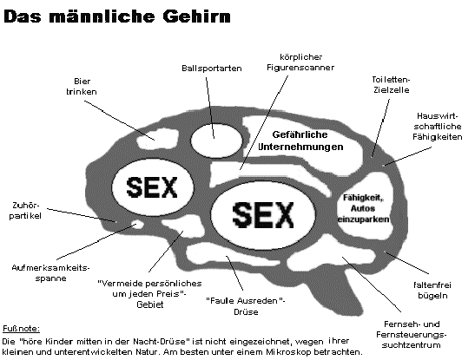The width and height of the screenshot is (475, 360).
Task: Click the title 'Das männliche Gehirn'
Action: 117,16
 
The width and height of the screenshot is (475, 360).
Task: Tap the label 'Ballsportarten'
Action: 211,68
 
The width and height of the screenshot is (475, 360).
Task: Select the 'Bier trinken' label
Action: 82,87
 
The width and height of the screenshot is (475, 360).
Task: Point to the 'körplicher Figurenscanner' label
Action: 300,62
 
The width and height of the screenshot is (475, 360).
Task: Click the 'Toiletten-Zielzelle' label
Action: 391,85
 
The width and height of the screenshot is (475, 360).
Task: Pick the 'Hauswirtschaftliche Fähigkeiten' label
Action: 437,127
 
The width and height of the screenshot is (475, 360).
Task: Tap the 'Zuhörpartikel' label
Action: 25,211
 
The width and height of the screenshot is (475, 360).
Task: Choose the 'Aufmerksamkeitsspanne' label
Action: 50,273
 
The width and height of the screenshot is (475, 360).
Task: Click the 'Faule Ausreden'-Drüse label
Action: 246,306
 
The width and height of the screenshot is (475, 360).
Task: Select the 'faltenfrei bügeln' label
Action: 432,290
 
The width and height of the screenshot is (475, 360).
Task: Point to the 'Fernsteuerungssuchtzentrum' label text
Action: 411,340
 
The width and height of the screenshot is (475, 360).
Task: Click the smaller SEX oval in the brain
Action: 152,187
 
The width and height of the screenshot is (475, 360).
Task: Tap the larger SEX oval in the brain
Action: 263,214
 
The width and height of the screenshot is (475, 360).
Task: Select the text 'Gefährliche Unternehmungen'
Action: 300,141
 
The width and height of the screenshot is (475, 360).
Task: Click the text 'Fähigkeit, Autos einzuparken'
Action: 364,208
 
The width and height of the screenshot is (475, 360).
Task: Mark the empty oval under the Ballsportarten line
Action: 216,141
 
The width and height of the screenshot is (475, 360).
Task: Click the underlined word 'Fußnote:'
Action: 21,329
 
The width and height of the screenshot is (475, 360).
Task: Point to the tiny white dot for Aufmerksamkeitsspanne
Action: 136,225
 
